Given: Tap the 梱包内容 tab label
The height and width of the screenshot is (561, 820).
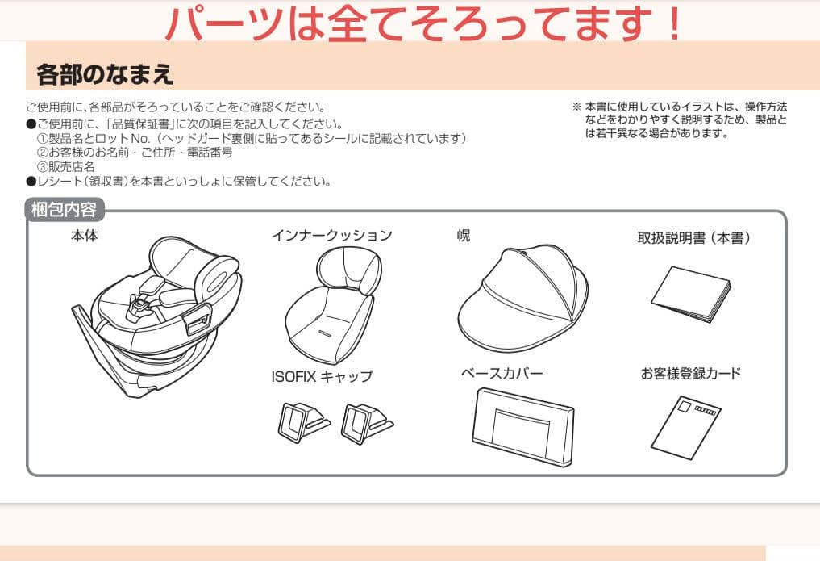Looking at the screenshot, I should coord(65,211).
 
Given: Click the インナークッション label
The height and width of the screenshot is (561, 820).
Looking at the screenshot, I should coord(331,236).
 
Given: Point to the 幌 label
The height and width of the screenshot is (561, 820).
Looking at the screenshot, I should coord(464,236).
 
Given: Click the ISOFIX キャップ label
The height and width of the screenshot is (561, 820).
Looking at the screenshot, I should coord(322,376).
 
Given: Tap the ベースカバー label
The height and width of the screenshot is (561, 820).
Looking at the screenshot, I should coord(502,374).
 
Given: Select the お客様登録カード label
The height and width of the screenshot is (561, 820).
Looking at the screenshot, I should coord(691,374).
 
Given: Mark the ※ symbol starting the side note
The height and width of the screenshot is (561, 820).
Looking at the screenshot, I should coord(576,107).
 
